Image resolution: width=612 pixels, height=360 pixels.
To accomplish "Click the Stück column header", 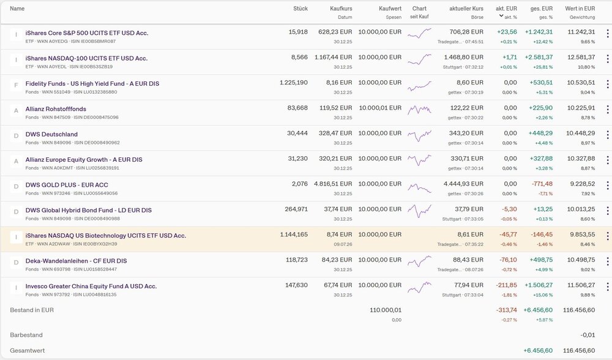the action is pyautogui.click(x=300, y=9).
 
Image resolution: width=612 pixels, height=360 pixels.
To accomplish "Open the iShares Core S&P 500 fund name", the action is pyautogui.click(x=87, y=33).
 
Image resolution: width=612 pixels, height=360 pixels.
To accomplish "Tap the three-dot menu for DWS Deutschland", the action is pyautogui.click(x=607, y=135).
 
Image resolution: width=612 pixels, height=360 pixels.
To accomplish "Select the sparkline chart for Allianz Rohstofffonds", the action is pyautogui.click(x=420, y=110).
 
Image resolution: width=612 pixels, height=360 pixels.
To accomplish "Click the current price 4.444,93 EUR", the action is pyautogui.click(x=463, y=184).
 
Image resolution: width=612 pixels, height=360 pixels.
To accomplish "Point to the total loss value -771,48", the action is pyautogui.click(x=542, y=184).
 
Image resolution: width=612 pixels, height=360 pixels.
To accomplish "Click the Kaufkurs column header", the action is pyautogui.click(x=341, y=9).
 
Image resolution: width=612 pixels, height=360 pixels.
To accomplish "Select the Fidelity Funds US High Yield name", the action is pyautogui.click(x=92, y=83).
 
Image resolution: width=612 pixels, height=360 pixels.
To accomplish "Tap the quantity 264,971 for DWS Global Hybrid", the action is pyautogui.click(x=296, y=209).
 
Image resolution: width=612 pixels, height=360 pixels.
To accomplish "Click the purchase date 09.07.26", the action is pyautogui.click(x=343, y=244).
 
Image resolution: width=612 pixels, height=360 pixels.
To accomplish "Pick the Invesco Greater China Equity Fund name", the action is pyautogui.click(x=91, y=286).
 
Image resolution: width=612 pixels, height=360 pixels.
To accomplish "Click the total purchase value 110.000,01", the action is pyautogui.click(x=385, y=310).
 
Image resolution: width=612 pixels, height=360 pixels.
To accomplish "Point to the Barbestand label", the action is pyautogui.click(x=26, y=335).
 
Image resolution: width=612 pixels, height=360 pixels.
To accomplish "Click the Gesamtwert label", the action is pyautogui.click(x=28, y=351).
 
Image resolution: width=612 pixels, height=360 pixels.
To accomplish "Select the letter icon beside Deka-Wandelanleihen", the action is pyautogui.click(x=16, y=263).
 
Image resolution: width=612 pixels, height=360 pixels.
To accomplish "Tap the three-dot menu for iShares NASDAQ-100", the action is pyautogui.click(x=607, y=59).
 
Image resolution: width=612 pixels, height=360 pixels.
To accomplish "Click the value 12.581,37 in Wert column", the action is pyautogui.click(x=581, y=58).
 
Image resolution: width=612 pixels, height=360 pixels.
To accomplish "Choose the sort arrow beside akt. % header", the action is pyautogui.click(x=501, y=16).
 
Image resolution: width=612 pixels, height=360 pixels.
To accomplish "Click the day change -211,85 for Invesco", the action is pyautogui.click(x=506, y=285).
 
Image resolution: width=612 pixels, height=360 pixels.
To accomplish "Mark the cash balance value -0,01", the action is pyautogui.click(x=588, y=335).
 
